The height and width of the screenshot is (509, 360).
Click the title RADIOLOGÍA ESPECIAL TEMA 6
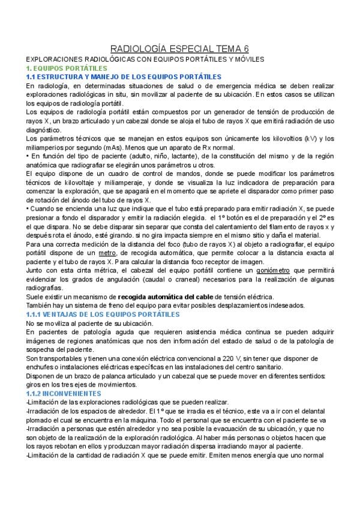tap(180, 49)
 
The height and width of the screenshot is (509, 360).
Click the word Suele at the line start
tap(36, 297)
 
